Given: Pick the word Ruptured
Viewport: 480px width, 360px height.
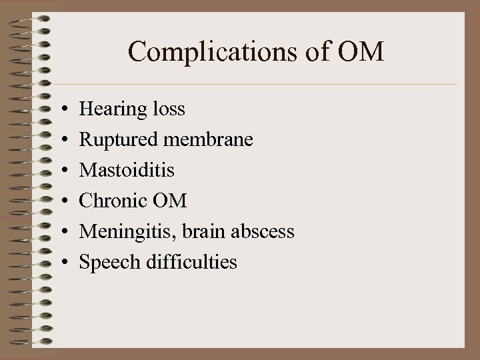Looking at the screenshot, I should (117, 140).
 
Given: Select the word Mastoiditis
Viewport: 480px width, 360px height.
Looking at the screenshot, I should (127, 170).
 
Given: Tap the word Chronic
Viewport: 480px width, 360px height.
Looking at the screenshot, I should (113, 201).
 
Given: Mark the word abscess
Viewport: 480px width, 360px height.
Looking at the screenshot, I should (263, 231).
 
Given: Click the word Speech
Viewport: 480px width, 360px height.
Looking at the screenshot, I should (107, 263).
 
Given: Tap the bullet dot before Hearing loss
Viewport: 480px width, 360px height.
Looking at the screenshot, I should (61, 109).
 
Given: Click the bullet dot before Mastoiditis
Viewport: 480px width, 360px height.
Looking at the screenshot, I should (61, 171).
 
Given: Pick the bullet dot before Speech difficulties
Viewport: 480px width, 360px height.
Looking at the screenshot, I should (61, 263).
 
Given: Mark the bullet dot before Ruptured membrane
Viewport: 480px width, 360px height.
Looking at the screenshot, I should (61, 140).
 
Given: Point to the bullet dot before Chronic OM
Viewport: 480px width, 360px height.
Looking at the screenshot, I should (61, 201).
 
